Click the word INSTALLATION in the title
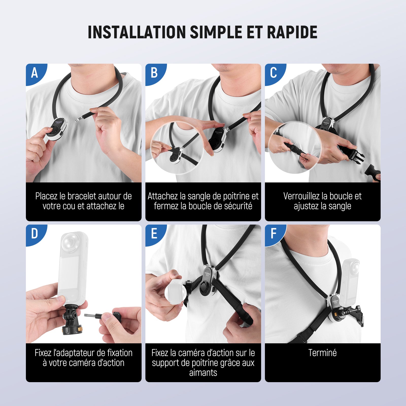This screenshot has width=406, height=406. [137, 32]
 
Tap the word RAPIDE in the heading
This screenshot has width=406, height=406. [292, 32]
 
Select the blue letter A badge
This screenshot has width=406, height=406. [35, 73]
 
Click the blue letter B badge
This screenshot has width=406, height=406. [154, 73]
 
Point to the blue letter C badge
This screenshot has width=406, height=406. [274, 73]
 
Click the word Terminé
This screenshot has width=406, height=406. [323, 353]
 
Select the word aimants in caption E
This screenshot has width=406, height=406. [203, 373]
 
